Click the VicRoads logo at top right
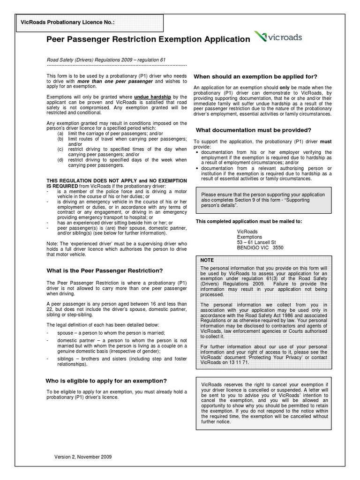pos(278,37)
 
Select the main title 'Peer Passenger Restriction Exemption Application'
pos(148,39)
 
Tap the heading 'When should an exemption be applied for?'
pos(255,76)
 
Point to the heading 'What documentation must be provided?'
pos(253,130)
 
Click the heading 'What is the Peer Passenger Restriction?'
pos(104,270)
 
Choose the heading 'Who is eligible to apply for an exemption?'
pos(106,380)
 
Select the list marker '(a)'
pos(60,133)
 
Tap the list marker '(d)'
pos(60,160)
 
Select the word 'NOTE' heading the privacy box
pos(207,259)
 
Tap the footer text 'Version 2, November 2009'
pos(83,457)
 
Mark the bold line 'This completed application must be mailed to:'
pos(248,221)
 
